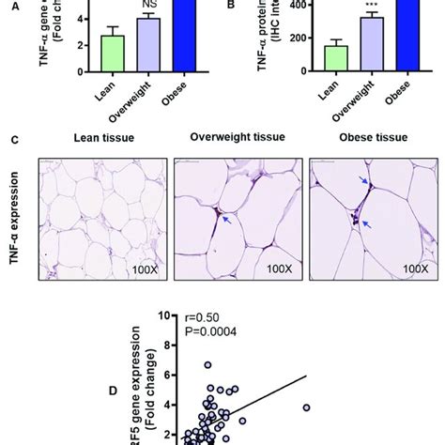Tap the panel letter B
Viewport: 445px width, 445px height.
click(x=232, y=5)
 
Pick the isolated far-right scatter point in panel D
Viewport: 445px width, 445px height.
click(x=306, y=407)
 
